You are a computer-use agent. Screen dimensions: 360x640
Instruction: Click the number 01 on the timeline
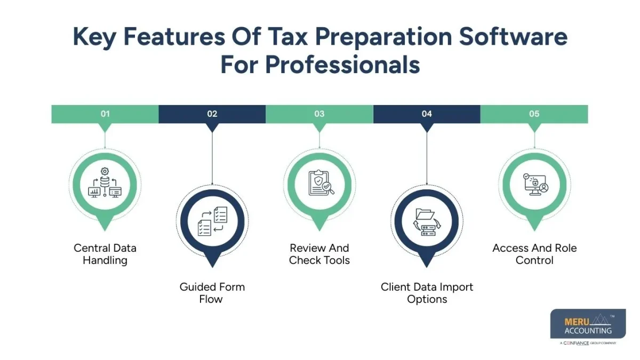pos(105,114)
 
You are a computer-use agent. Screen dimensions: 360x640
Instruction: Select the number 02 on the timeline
pos(212,114)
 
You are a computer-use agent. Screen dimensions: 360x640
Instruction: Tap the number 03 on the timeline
pos(319,114)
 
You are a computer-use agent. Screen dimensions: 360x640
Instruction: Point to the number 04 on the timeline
pos(427,114)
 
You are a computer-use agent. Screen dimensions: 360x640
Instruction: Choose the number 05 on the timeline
pos(534,114)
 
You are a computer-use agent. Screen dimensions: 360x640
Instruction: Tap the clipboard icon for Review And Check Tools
pos(320,183)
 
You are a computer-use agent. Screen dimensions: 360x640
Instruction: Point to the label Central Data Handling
pos(105,254)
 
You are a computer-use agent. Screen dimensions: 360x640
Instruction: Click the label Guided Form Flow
pos(212,293)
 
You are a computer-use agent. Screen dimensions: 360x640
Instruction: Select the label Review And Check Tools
pos(319,254)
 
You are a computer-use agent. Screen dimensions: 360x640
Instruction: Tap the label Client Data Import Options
pos(427,293)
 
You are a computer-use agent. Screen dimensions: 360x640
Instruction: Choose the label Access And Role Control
pos(534,254)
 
